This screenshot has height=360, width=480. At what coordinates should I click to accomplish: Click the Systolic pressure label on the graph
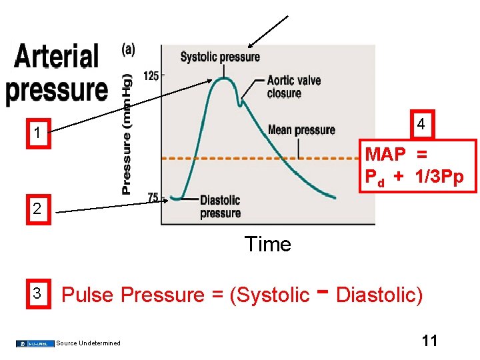(x=220, y=57)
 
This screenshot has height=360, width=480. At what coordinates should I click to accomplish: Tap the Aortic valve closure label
(x=293, y=87)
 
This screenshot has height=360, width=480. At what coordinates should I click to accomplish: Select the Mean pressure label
(x=301, y=129)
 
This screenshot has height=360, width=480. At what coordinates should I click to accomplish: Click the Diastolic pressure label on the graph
(x=220, y=207)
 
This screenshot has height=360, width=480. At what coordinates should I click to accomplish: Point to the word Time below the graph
(x=267, y=245)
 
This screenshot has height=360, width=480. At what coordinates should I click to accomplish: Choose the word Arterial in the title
(x=57, y=57)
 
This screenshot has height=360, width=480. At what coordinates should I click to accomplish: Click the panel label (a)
(x=128, y=50)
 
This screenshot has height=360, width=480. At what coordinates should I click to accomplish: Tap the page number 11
(x=430, y=341)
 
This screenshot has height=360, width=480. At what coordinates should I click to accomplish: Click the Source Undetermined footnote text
(x=89, y=343)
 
